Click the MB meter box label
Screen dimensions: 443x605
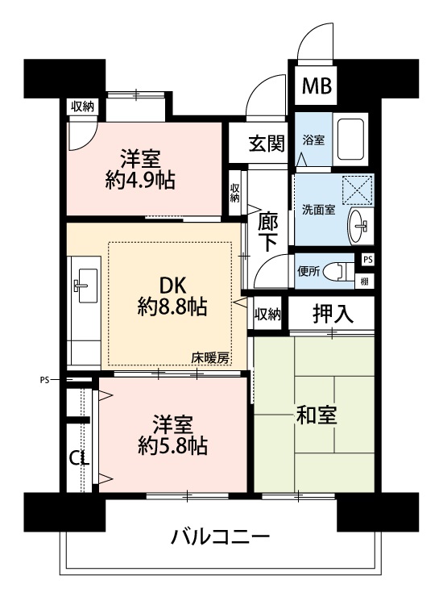pos(317,86)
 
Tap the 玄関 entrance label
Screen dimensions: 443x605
pos(267,143)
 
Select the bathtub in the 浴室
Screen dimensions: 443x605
pos(350,140)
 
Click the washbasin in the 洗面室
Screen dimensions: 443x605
pos(360,227)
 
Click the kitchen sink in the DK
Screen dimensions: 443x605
pos(85,285)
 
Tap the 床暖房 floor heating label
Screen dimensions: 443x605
pos(210,358)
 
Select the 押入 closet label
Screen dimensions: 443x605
pos(333,314)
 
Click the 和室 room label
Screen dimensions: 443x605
pos(317,415)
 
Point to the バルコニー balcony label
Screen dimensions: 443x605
pos(221,536)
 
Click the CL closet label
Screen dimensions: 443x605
pos(80,458)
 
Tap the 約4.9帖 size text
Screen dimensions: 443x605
pos(140,180)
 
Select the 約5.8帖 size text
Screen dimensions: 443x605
pos(172,446)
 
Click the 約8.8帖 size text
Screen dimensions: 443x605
pos(172,307)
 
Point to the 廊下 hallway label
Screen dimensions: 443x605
pos(267,232)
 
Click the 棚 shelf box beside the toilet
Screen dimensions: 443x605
pos(364,282)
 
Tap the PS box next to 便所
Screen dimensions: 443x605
pos(368,260)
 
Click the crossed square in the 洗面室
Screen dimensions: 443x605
pos(358,190)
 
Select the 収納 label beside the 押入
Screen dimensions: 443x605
pos(267,315)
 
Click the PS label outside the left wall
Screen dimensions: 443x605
pos(44,381)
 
